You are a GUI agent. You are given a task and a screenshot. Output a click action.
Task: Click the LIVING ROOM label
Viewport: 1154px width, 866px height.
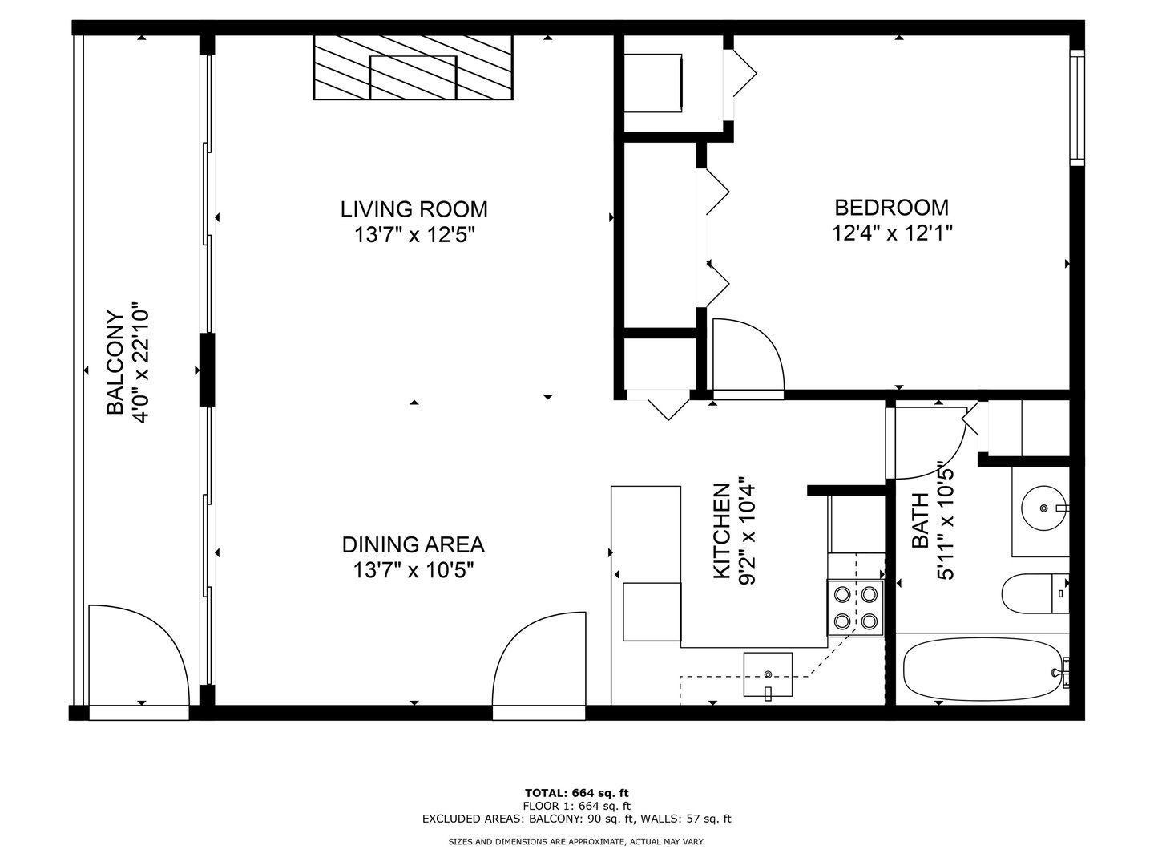point(414,209)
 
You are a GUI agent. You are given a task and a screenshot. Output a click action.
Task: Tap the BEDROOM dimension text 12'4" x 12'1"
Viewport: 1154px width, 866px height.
point(891,233)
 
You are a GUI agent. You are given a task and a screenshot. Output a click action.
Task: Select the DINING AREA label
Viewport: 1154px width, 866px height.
point(413,544)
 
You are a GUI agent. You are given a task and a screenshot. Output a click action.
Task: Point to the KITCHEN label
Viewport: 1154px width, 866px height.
point(721,530)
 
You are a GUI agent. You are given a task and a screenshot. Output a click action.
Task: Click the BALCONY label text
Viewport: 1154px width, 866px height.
point(115,362)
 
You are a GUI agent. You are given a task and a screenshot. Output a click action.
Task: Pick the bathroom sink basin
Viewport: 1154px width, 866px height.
point(1043,508)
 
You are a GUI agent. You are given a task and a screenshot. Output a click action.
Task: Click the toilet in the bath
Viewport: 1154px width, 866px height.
point(1034,593)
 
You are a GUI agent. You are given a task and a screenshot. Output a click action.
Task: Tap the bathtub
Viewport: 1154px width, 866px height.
point(982,670)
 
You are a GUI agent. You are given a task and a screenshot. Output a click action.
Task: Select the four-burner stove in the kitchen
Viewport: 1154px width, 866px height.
point(855,607)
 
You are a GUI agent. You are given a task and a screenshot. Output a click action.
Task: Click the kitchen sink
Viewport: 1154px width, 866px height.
point(768,676)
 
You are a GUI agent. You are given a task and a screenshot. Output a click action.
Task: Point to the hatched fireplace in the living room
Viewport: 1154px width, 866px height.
point(413,67)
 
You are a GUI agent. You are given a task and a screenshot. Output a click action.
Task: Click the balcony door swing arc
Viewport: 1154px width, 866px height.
point(138,654)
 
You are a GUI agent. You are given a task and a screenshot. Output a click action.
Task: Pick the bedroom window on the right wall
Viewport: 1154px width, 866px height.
point(1077,107)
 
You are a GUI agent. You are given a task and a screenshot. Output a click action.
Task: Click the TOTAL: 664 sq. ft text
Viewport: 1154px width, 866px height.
point(576,793)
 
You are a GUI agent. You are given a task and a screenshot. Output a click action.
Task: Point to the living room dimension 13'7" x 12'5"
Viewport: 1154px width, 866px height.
point(414,235)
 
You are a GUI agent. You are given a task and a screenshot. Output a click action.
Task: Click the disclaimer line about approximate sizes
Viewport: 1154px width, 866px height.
point(576,841)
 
